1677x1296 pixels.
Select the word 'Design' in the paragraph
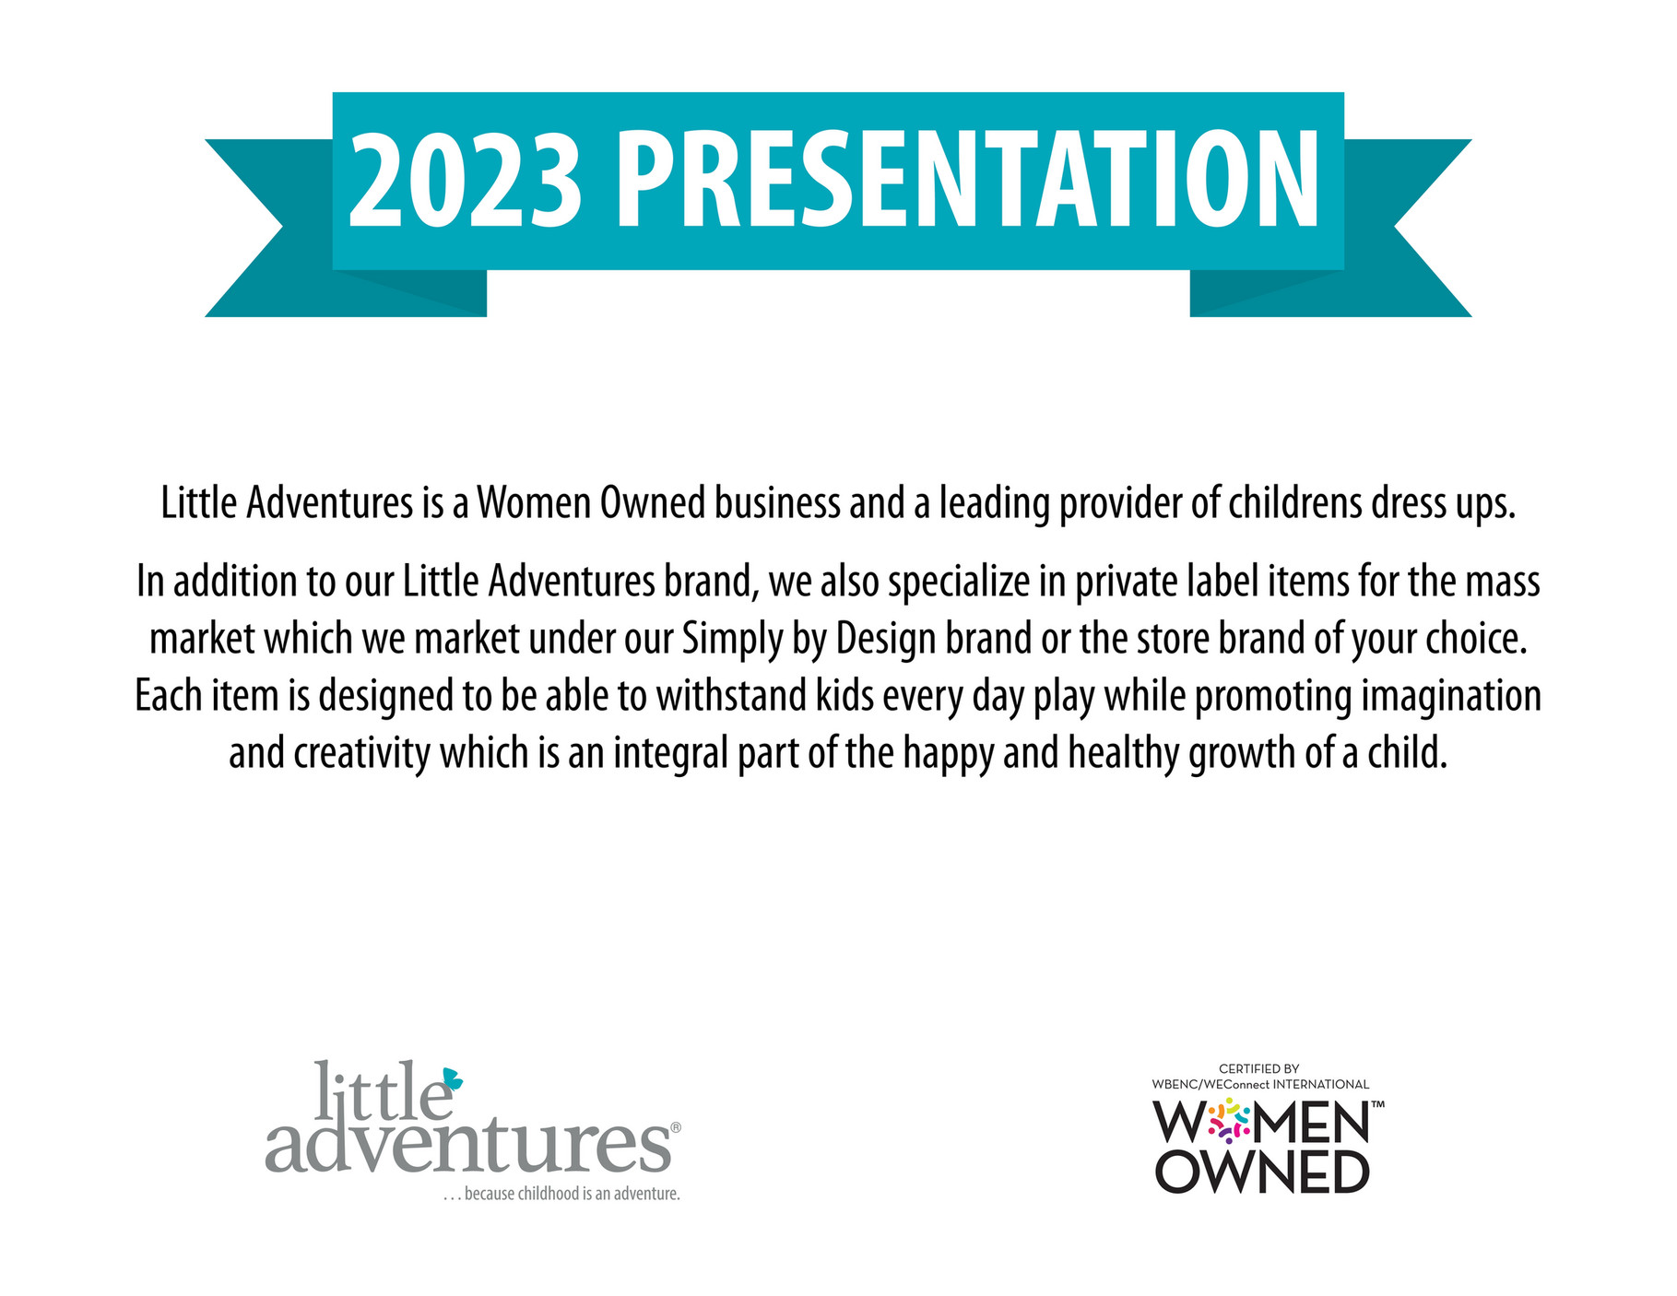click(887, 639)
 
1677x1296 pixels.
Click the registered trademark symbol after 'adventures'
click(676, 1127)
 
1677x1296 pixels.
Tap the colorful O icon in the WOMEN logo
click(1229, 1121)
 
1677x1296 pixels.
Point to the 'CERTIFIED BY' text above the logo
click(1259, 1069)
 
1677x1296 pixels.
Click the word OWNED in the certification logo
click(1262, 1172)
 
